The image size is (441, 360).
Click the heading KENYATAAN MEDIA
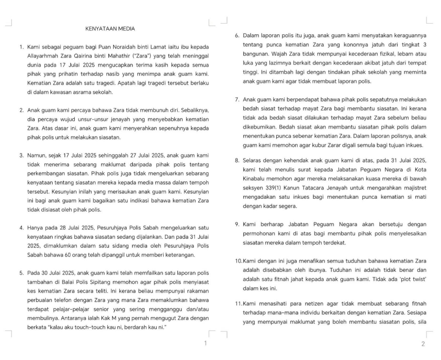tap(110, 29)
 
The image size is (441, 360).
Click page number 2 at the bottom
tap(423, 344)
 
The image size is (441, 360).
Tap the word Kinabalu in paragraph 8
tap(255, 179)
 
